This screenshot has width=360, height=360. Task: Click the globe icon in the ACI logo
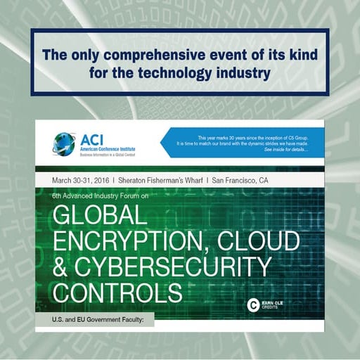coord(64,143)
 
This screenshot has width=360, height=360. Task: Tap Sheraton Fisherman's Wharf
coord(163,181)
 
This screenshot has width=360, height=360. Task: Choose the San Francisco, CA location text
coord(245,181)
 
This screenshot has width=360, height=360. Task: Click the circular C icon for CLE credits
coord(254,304)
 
